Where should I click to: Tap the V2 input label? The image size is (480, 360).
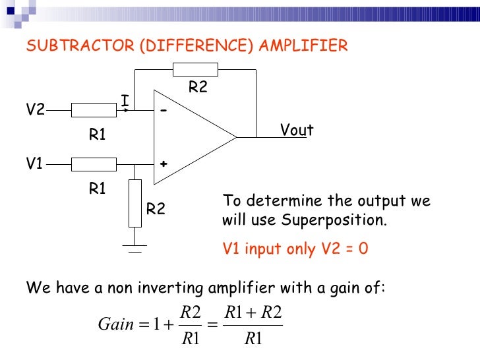tap(35, 110)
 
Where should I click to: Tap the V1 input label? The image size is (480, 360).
tap(35, 164)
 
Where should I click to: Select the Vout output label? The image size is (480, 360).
tap(297, 131)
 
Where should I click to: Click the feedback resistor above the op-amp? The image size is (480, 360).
tap(195, 70)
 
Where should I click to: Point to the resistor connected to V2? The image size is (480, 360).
tap(93, 110)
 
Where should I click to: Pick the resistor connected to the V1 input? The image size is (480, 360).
tap(93, 164)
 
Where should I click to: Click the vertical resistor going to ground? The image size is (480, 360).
tap(135, 203)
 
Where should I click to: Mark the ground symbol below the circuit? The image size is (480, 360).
tap(135, 249)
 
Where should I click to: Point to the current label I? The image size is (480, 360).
tap(124, 101)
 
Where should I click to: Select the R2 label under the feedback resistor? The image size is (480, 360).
tap(198, 87)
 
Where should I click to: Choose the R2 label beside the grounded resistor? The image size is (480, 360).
tap(156, 210)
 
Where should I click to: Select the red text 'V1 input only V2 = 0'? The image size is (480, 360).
tap(295, 249)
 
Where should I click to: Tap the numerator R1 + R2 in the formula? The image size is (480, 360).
tap(253, 313)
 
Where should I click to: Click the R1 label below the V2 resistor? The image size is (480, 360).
tap(98, 135)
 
